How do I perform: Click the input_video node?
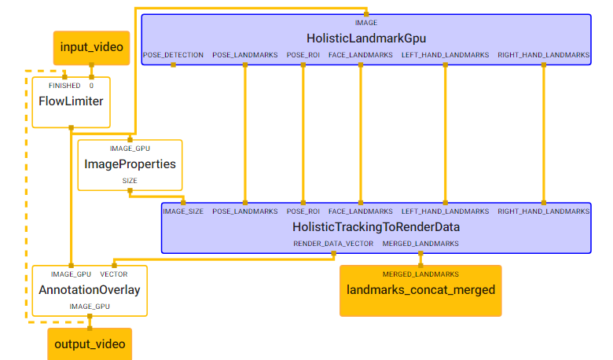click(x=91, y=47)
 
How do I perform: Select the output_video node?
click(x=89, y=344)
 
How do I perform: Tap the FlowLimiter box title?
click(x=71, y=101)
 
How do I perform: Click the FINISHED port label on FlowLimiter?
click(x=64, y=86)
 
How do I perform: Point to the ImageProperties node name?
click(x=130, y=164)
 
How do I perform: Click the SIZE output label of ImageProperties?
click(x=130, y=181)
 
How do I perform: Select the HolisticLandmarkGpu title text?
click(x=366, y=38)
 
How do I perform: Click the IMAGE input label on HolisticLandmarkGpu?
click(x=366, y=23)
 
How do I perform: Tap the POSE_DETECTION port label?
click(x=173, y=55)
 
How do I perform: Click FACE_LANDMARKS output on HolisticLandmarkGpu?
click(x=361, y=55)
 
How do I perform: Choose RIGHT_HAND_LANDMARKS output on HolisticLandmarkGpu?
click(x=543, y=55)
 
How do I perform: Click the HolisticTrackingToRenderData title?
click(x=376, y=227)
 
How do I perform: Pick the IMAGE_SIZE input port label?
click(x=183, y=211)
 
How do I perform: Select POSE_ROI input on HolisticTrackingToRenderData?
click(x=303, y=211)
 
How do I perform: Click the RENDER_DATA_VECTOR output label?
click(x=333, y=244)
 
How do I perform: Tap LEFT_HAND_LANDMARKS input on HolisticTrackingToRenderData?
click(x=445, y=211)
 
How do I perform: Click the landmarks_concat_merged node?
click(x=420, y=290)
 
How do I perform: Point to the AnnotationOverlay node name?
click(x=90, y=290)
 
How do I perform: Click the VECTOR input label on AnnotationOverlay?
click(x=114, y=274)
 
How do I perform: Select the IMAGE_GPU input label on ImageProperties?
click(x=130, y=149)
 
